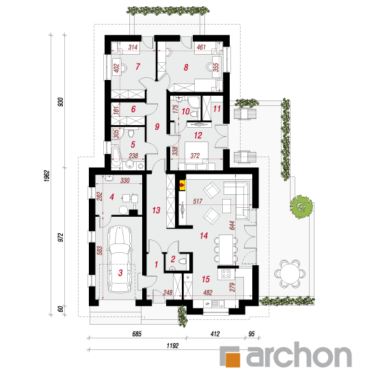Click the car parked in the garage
coord(120,259)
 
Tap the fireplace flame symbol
coord(183,185)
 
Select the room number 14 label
coord(204,236)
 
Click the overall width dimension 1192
coord(173,345)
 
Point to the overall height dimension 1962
coord(46,176)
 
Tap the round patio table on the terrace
coord(290,273)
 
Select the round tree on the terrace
coord(301,207)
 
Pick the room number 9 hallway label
coord(157,126)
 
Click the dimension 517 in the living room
coord(198,201)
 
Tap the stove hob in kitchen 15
coord(226,273)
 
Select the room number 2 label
coord(173,259)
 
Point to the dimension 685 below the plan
coord(137,334)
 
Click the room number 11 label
coord(217,109)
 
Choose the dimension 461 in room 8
coord(201,46)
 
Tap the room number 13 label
coord(156,211)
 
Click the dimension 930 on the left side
coord(61,102)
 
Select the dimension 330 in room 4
coord(125,180)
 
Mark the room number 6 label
coord(133,109)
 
